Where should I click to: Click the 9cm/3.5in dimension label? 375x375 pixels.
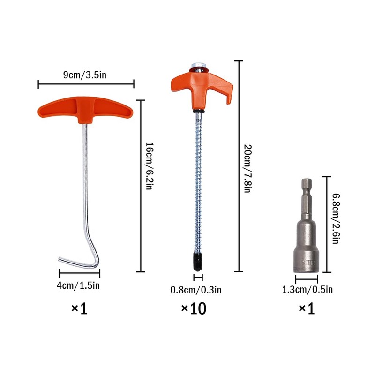[x=85, y=75]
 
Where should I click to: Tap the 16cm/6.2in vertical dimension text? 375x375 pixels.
[x=149, y=166]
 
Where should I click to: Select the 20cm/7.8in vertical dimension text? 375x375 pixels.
[x=247, y=168]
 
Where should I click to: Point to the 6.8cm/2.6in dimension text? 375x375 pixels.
[x=336, y=218]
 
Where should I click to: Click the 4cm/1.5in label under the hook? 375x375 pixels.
[x=78, y=285]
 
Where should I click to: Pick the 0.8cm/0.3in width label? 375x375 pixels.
[x=196, y=290]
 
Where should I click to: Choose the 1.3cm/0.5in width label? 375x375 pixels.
[x=307, y=289]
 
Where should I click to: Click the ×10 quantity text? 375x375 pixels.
[x=194, y=308]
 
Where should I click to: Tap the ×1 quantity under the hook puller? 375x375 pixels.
[x=79, y=308]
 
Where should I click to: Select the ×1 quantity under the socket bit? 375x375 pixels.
[x=307, y=308]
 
